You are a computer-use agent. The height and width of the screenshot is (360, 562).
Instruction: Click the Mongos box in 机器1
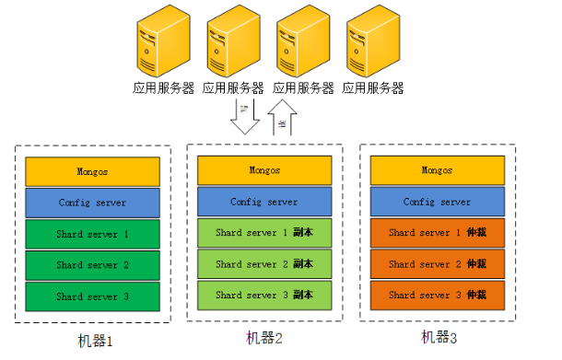click(92, 171)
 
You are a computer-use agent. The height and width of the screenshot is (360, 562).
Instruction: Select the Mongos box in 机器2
click(264, 170)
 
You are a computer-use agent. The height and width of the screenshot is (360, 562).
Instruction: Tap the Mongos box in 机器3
click(437, 170)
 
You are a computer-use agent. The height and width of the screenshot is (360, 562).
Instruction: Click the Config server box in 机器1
click(92, 203)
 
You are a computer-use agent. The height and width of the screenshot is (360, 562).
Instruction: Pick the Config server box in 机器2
click(264, 202)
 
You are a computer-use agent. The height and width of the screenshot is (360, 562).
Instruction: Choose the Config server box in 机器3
click(437, 202)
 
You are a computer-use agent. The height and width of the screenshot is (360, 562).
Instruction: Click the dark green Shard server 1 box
click(92, 234)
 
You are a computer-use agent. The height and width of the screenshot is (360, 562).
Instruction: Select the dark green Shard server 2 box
click(92, 265)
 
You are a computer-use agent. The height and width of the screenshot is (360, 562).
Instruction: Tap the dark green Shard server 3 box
click(92, 296)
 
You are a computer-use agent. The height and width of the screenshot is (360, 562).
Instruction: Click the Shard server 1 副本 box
click(264, 233)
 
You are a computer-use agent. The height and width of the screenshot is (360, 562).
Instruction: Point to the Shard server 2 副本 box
click(264, 264)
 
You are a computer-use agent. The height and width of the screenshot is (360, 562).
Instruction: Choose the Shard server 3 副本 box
click(264, 296)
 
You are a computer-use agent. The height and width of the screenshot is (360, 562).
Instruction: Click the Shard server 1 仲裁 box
click(437, 233)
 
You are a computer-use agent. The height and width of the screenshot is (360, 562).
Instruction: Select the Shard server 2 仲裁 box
click(437, 264)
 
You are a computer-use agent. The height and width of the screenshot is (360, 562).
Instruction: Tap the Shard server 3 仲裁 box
click(437, 296)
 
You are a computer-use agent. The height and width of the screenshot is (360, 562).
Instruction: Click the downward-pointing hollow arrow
click(245, 117)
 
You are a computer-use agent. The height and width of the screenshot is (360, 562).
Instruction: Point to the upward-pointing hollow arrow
click(285, 117)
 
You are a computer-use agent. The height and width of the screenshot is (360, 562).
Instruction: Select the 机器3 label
click(439, 338)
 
